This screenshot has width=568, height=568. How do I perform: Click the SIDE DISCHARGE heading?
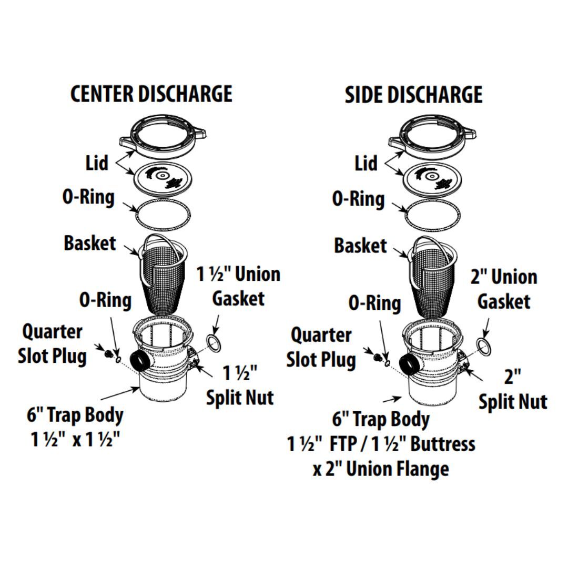413,95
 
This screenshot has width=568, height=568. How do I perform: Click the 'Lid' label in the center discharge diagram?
97,163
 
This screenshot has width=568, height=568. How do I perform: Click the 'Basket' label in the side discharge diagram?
361,246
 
